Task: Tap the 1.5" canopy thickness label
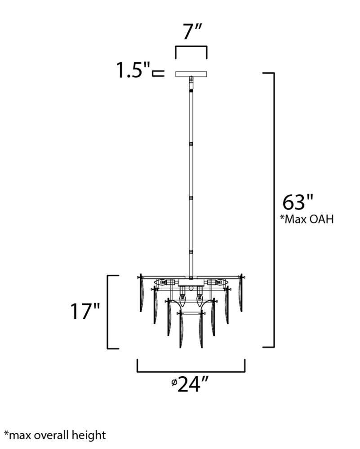tap(133, 70)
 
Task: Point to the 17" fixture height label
tap(85, 311)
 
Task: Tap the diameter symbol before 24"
tap(173, 383)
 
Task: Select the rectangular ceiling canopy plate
tap(191, 73)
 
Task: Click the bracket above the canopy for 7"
tap(191, 48)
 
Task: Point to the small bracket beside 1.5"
tap(158, 73)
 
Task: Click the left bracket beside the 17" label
tap(109, 312)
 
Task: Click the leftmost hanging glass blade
tap(141, 294)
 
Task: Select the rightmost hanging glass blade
tap(241, 294)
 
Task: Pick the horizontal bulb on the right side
tap(217, 283)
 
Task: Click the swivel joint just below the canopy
tap(191, 83)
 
